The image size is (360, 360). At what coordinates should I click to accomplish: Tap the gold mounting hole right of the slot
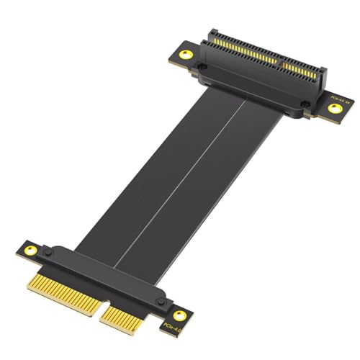click(x=334, y=109)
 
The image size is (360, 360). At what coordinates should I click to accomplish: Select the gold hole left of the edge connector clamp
click(x=30, y=250)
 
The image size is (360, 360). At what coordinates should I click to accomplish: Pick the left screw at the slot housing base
click(x=204, y=66)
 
